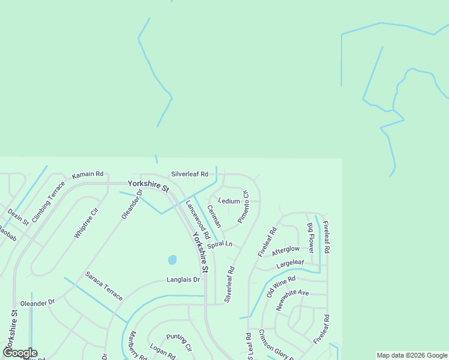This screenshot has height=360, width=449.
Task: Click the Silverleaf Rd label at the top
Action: (189, 174)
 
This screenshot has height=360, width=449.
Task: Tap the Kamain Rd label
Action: (88, 174)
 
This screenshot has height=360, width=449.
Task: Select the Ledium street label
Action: (229, 201)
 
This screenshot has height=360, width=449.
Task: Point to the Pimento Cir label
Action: (243, 207)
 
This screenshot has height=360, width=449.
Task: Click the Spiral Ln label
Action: (219, 245)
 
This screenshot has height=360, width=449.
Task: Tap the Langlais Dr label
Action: (182, 280)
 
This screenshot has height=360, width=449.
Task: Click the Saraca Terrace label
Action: (104, 286)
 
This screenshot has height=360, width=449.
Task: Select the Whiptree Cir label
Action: (86, 223)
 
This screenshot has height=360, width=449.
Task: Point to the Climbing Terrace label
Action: (48, 201)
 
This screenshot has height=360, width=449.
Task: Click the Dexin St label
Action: (18, 217)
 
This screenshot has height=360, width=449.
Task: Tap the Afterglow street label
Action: (285, 249)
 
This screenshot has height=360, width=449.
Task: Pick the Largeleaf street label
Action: (291, 264)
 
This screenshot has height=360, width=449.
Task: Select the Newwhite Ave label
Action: (292, 301)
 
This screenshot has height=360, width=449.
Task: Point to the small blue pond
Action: (172, 260)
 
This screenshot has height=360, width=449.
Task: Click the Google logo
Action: (20, 353)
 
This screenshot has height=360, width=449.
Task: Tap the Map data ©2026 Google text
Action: (411, 355)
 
